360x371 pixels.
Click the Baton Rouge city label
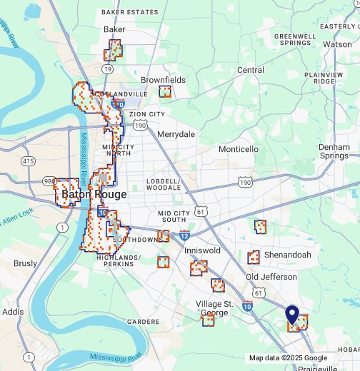(94, 194)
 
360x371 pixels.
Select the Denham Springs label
(334, 151)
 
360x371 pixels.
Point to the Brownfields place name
(163, 80)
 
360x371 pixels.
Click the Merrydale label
(176, 134)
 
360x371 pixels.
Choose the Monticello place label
(239, 149)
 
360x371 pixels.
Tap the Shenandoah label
(288, 255)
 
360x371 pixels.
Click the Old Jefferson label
(271, 277)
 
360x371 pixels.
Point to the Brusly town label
(25, 263)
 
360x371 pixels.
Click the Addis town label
(13, 312)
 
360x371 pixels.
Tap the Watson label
(337, 44)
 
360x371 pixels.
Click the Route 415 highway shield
(28, 161)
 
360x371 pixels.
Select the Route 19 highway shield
(107, 69)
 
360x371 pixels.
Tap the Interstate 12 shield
(184, 235)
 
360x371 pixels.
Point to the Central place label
(250, 70)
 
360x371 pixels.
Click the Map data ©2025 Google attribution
(288, 358)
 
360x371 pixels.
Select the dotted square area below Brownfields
(165, 91)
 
